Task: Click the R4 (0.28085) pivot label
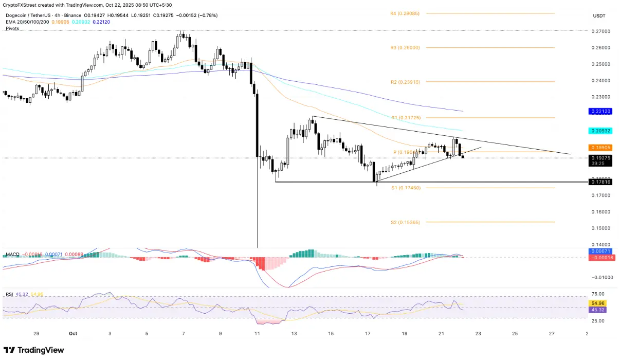[405, 13]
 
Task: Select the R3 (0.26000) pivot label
[405, 48]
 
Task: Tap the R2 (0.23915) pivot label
[405, 82]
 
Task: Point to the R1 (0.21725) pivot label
[405, 118]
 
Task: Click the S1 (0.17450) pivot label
[405, 188]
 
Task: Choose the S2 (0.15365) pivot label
[405, 222]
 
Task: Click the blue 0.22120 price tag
[600, 111]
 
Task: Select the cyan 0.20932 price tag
[600, 131]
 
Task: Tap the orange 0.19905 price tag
[600, 148]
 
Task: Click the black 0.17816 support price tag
[600, 182]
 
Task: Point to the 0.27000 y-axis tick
[600, 31]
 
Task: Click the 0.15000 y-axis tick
[600, 228]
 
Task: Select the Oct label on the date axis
[72, 333]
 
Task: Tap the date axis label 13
[294, 333]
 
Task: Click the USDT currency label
[599, 16]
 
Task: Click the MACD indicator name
[12, 255]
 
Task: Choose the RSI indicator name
[9, 295]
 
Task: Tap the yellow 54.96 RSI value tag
[600, 303]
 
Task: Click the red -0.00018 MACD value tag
[600, 257]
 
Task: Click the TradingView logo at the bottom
[34, 350]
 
